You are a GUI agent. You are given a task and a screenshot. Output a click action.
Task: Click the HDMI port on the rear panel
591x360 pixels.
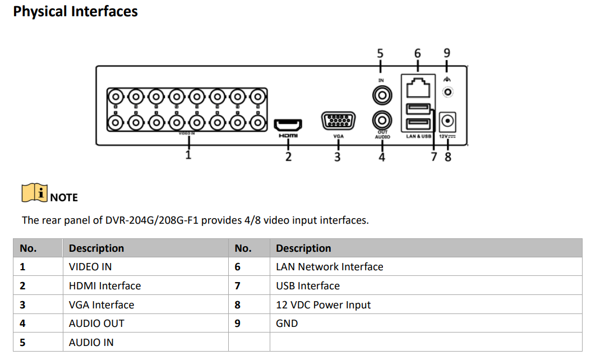coord(288,125)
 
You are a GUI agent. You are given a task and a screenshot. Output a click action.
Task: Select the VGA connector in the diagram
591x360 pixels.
coord(338,121)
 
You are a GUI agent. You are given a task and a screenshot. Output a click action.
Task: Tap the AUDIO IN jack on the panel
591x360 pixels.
coord(382,95)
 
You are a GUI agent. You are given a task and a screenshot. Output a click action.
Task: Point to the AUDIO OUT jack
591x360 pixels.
coord(382,121)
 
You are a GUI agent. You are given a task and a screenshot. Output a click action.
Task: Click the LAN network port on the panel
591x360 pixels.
coord(418,87)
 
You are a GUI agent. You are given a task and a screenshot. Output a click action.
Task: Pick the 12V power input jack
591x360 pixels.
coord(448,121)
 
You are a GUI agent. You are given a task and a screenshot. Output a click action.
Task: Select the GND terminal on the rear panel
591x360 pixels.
coord(447,91)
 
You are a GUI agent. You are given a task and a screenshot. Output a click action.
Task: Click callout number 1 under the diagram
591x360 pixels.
coord(188,155)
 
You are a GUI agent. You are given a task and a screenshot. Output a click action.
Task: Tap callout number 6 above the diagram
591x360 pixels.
coord(417,53)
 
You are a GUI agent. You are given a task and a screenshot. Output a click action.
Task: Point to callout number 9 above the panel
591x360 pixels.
coord(447,53)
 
